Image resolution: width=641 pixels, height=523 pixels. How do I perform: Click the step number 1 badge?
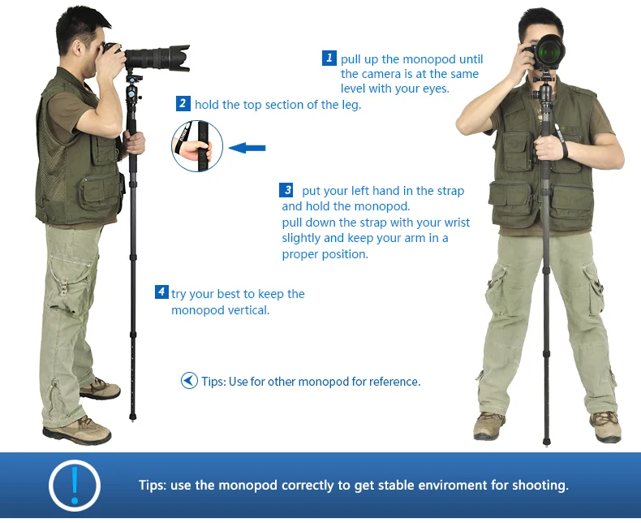pos(329,58)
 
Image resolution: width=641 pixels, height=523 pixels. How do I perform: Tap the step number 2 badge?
pos(183,103)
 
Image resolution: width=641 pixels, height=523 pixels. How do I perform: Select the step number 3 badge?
pos(286,190)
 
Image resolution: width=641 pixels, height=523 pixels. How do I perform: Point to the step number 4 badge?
pos(162,292)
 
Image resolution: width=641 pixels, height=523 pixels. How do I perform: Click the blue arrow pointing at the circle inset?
pos(247,148)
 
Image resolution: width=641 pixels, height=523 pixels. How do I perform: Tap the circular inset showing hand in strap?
pos(197,145)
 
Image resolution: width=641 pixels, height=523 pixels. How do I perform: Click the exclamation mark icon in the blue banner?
pos(75,486)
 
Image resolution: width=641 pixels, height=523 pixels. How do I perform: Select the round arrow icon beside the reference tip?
pos(189,380)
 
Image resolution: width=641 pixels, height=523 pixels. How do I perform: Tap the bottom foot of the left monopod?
pos(132,417)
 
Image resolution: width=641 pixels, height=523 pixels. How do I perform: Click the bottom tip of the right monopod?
pos(549,442)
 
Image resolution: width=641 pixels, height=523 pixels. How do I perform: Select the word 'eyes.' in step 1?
pos(437,89)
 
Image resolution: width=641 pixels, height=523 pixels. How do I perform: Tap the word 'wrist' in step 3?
pos(457,223)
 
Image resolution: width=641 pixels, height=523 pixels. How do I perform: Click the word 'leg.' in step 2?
pos(351,106)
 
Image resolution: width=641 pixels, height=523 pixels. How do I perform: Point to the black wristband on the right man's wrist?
pos(564,149)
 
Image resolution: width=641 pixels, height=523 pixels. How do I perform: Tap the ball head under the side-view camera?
pos(132,93)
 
